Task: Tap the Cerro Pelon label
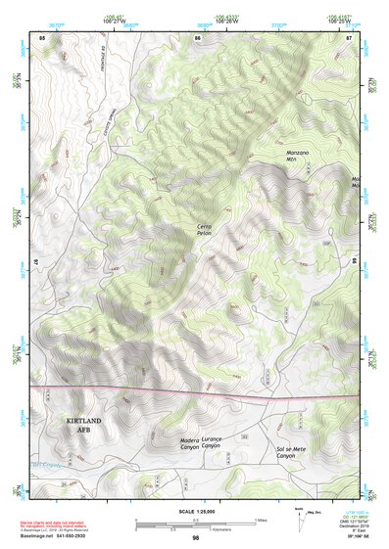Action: point(204,231)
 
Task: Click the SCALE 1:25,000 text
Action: point(196,513)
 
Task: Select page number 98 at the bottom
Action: point(196,538)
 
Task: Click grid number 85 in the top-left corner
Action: point(42,36)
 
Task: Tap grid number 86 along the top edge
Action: point(198,36)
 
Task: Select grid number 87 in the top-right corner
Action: point(350,36)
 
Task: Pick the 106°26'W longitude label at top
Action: point(228,20)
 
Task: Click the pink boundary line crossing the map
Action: point(196,393)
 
